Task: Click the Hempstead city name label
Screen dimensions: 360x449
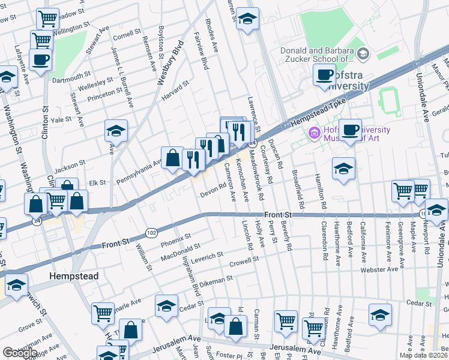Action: [x=73, y=275]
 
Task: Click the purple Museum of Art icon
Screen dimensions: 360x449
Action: [x=313, y=133]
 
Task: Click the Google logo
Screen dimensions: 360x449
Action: [x=20, y=353]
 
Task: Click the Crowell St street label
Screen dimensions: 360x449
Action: [x=243, y=261]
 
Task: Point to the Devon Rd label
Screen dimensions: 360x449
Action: [x=212, y=191]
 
